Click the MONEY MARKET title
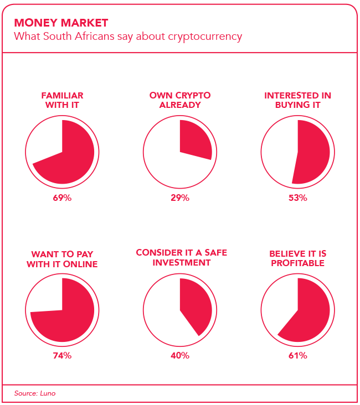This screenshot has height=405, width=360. [61, 23]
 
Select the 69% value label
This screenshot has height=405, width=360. [63, 198]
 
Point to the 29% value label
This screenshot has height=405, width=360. [180, 198]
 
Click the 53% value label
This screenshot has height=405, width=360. [297, 198]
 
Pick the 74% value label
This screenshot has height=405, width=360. [63, 356]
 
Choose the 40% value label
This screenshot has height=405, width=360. [180, 356]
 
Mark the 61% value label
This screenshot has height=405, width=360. [297, 356]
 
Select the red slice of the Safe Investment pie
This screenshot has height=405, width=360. [196, 307]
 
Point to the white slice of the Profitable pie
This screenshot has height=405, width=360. [280, 304]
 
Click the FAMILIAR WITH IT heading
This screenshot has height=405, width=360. [63, 100]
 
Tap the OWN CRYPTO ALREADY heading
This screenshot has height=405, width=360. [180, 100]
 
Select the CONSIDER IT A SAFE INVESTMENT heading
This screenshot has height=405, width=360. [181, 258]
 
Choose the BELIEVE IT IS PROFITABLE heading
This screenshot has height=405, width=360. [297, 258]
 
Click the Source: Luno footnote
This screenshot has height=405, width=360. [35, 393]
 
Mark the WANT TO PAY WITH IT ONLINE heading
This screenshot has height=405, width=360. [63, 259]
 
